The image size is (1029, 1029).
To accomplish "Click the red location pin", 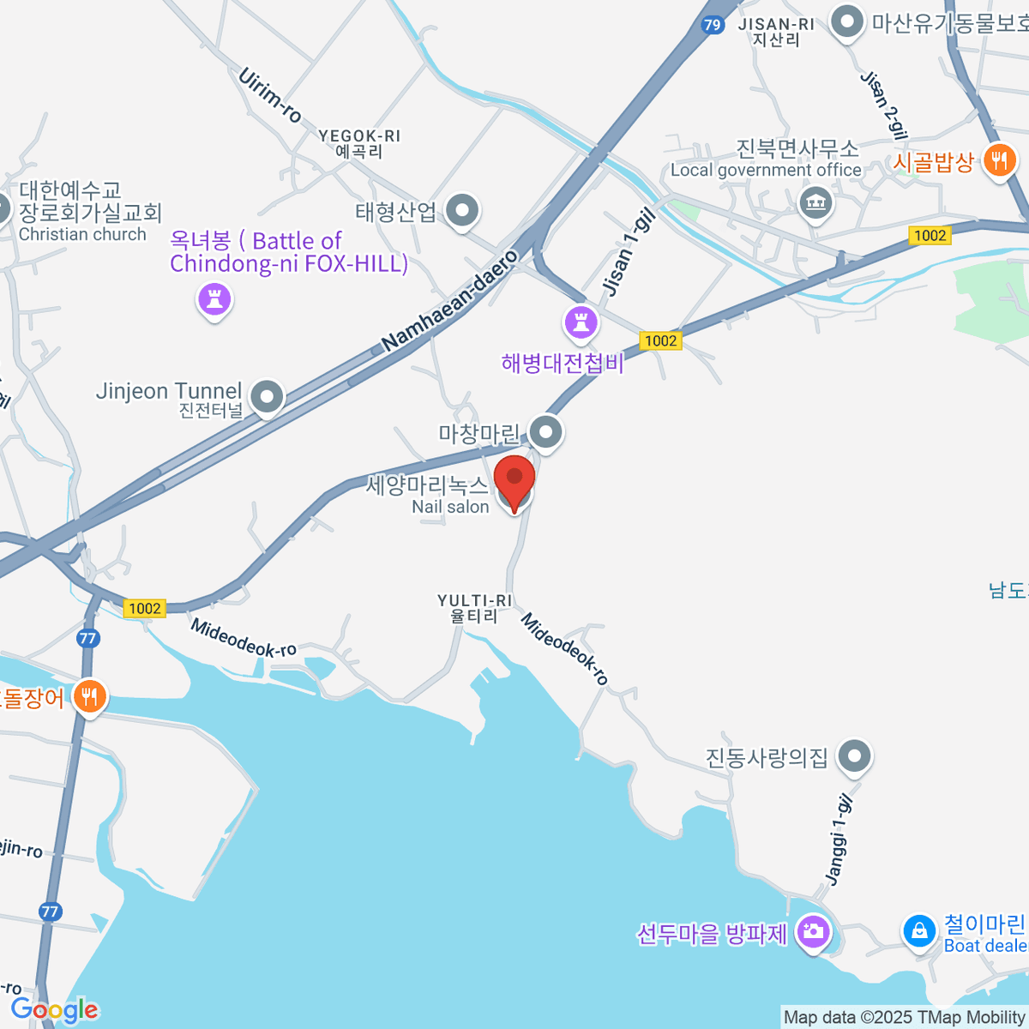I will point(514,481).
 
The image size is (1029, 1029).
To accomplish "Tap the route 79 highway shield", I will point(712,25).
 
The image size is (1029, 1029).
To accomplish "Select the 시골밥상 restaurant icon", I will point(999,159).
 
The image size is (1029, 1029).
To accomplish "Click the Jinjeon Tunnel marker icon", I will point(269,396).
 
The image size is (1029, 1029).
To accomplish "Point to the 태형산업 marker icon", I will point(464,208).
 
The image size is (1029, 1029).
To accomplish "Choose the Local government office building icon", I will point(815,203).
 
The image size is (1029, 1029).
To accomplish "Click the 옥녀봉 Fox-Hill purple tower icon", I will point(214,299).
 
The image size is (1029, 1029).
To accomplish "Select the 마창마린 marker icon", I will point(545,431).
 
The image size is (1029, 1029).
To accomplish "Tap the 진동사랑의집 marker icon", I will point(854,755).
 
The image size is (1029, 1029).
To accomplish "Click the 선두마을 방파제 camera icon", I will point(813,930).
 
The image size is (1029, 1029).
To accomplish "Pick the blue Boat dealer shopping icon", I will point(919,930).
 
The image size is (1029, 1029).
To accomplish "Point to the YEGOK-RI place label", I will point(359,143).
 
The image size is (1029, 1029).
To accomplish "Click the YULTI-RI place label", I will point(474,608).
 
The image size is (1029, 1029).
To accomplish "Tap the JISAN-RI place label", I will point(776,32).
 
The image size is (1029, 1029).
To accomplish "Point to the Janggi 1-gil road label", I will point(839,839).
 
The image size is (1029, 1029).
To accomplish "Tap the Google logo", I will point(54,1009).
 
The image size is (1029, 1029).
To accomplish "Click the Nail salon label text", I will point(450,507).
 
